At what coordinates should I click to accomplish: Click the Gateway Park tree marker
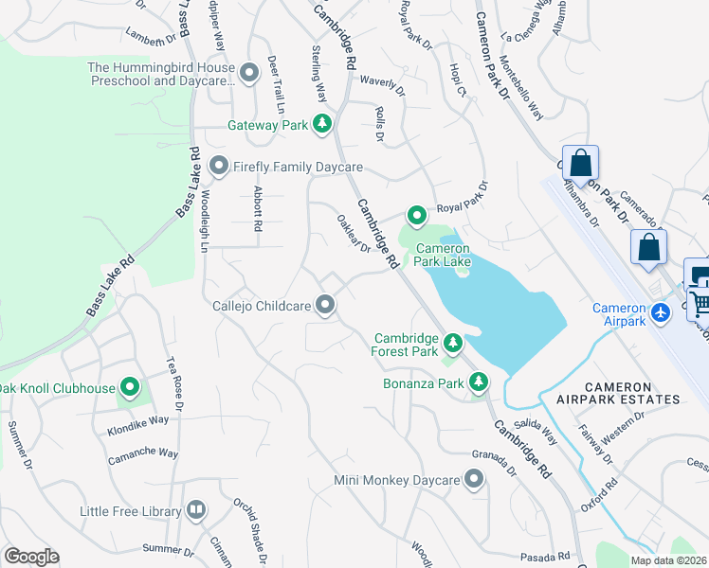(322, 124)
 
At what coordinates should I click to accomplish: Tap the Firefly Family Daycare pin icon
(219, 168)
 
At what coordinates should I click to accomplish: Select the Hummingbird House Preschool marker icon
(249, 73)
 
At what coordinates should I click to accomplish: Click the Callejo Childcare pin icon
(325, 305)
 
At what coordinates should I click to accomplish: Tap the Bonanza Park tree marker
(480, 382)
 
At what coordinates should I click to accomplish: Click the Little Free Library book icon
(196, 511)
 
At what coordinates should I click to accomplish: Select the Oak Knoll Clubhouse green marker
(130, 387)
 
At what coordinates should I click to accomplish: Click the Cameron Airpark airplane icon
(662, 311)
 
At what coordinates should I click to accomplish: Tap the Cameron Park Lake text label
(444, 256)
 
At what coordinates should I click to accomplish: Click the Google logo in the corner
(31, 557)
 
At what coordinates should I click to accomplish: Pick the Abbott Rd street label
(257, 208)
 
